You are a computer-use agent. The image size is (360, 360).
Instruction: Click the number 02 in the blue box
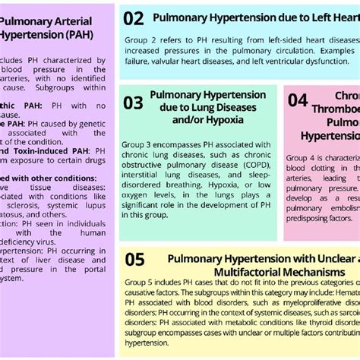point(133,18)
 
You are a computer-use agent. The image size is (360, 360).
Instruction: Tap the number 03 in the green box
point(133,103)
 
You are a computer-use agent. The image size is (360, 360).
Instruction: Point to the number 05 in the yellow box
point(134,260)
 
